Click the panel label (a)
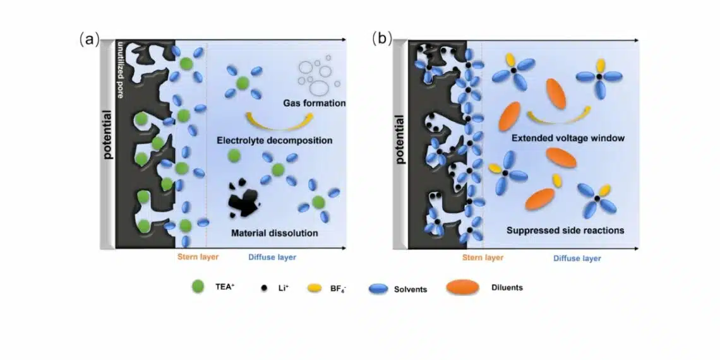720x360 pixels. tap(88, 39)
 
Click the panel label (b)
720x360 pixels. tap(381, 39)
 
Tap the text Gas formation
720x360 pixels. tap(314, 103)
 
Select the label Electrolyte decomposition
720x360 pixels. tap(274, 140)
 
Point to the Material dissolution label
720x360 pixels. tap(274, 233)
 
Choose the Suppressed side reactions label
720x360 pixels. tap(565, 231)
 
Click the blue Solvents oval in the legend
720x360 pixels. tap(378, 289)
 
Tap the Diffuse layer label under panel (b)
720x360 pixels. tap(577, 258)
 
